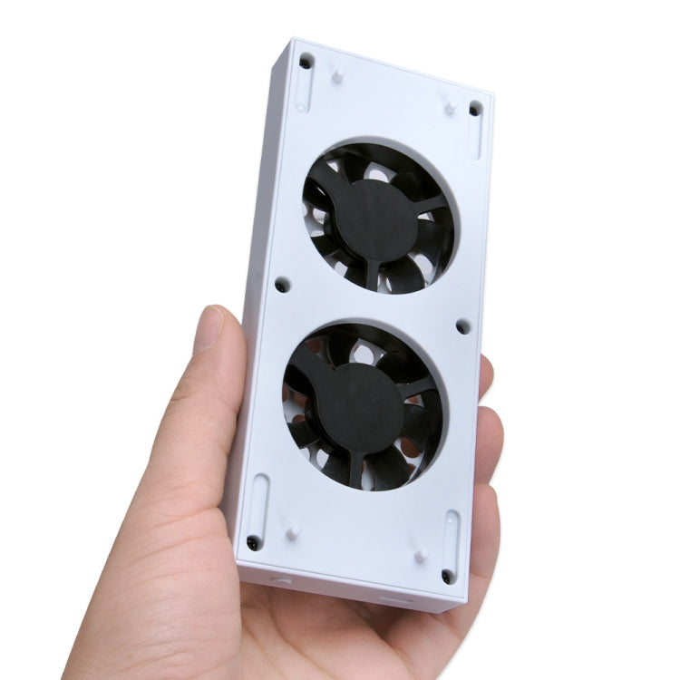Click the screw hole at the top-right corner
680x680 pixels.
[475, 110]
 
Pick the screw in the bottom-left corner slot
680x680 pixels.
[254, 542]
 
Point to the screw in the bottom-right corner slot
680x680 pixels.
[447, 576]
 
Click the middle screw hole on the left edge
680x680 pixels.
[282, 285]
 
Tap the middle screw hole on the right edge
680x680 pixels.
[462, 326]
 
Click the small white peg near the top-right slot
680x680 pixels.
[449, 107]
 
